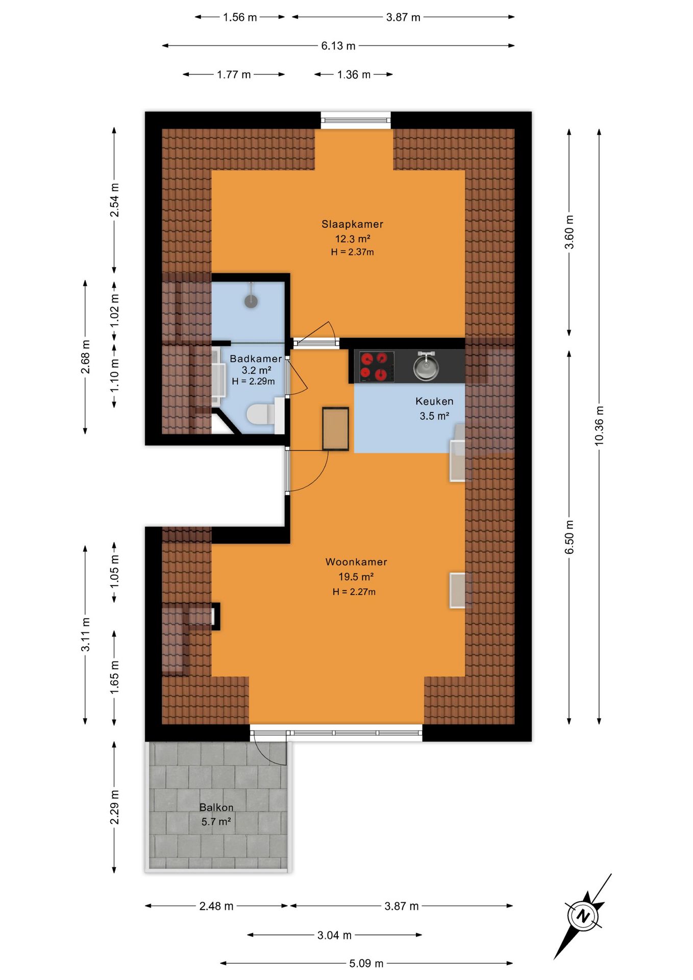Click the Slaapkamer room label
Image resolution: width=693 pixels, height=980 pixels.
pyautogui.click(x=352, y=224)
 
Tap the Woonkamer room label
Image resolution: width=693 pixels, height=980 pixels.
pyautogui.click(x=356, y=562)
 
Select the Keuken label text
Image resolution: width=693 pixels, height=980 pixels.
pyautogui.click(x=434, y=401)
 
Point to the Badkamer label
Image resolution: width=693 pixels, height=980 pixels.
pyautogui.click(x=256, y=359)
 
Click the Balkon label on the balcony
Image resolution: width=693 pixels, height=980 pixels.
pyautogui.click(x=216, y=807)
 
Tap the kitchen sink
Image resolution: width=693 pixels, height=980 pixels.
pyautogui.click(x=426, y=366)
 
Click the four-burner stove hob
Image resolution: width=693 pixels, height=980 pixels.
pyautogui.click(x=377, y=366)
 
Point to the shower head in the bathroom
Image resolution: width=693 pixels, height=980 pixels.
pyautogui.click(x=251, y=301)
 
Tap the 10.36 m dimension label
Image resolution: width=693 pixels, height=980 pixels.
pyautogui.click(x=599, y=426)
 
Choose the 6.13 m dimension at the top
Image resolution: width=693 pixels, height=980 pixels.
pyautogui.click(x=338, y=46)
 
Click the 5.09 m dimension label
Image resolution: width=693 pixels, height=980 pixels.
pyautogui.click(x=366, y=964)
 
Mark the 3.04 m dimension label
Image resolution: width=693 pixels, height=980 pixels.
pyautogui.click(x=334, y=935)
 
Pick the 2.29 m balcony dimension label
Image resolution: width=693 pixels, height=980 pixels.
pyautogui.click(x=115, y=807)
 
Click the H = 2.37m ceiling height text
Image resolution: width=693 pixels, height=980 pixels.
pyautogui.click(x=352, y=252)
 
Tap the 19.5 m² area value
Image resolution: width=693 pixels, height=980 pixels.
pyautogui.click(x=356, y=577)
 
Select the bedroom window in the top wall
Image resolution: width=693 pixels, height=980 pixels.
pyautogui.click(x=356, y=120)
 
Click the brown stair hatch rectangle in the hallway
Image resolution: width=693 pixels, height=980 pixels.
pyautogui.click(x=335, y=429)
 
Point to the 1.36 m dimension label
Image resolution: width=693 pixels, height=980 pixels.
pyautogui.click(x=354, y=75)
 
